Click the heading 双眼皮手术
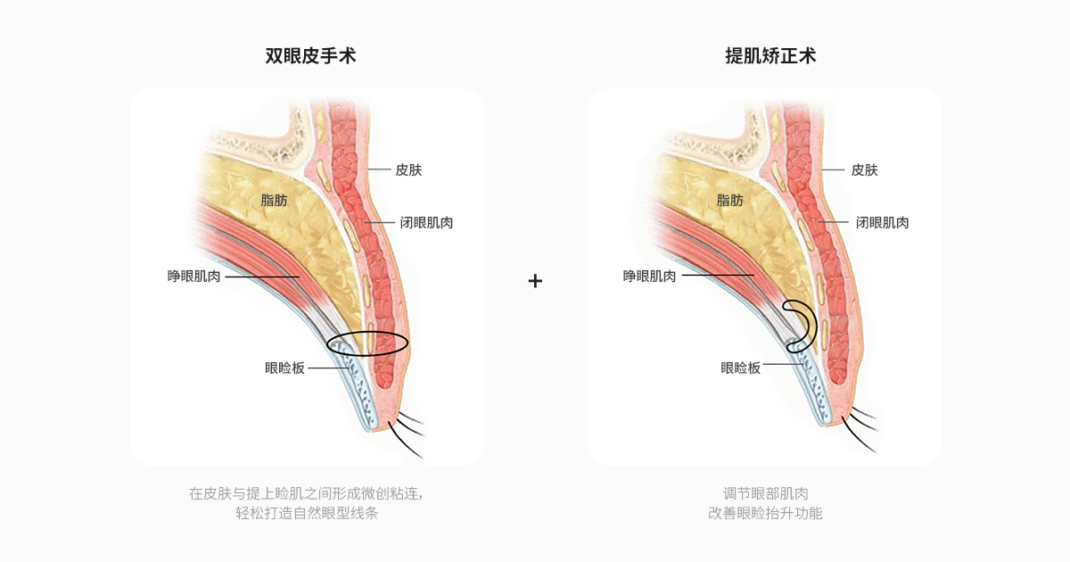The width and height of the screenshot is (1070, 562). coord(310,56)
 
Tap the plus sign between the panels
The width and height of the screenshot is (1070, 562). coord(535,281)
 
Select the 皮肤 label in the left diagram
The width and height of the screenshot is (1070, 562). coord(408,169)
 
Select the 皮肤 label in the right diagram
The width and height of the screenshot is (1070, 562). coord(864,169)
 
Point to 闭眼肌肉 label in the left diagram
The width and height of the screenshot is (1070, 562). coord(426,223)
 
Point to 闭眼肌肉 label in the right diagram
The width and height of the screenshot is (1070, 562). coord(882,223)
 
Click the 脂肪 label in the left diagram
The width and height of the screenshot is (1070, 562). coord(274,201)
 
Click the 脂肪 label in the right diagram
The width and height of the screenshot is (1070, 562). coord(729,201)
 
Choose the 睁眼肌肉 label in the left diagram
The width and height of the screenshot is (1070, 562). coord(193,277)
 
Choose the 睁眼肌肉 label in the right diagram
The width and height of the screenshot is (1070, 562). coord(649,277)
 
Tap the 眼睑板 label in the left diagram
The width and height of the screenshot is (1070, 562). coord(284,368)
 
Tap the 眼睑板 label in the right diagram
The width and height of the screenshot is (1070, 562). coord(740,368)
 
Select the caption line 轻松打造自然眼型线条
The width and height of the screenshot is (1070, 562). coord(307,514)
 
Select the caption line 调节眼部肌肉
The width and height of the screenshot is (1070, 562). coord(765,493)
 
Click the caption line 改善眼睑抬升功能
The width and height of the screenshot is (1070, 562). coord(765,514)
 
